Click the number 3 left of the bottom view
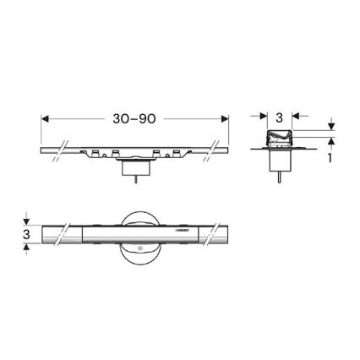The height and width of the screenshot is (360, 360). tap(27, 232)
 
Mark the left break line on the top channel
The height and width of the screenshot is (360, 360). tap(56, 150)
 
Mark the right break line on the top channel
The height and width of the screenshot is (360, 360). tap(217, 150)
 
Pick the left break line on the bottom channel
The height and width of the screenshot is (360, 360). tap(56, 232)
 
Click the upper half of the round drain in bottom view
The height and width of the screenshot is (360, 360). tap(137, 215)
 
